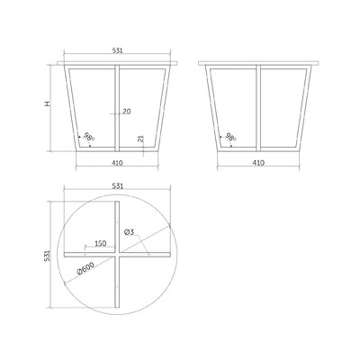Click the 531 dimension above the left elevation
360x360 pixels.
(x=118, y=50)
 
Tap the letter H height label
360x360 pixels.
(x=48, y=103)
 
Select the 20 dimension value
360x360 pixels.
(x=127, y=112)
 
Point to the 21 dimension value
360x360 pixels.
(x=141, y=139)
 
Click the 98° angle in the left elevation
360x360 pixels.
(x=89, y=137)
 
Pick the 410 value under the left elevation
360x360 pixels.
(x=117, y=163)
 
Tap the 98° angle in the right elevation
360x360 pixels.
(x=230, y=137)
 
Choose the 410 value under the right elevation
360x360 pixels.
(x=258, y=163)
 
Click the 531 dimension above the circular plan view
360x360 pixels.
(x=118, y=186)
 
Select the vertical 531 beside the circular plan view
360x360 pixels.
(x=47, y=256)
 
